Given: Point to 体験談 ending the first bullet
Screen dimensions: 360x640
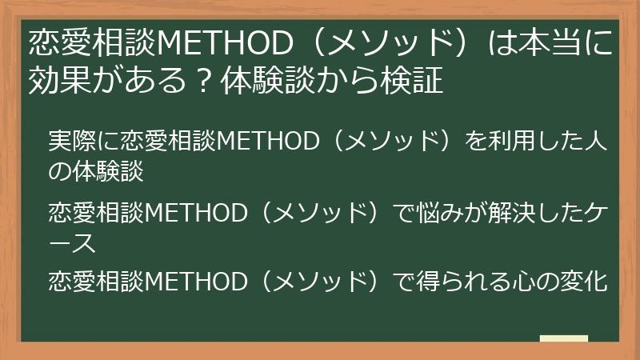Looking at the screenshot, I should (x=109, y=170).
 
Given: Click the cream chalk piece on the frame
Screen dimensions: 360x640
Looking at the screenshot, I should (x=564, y=339).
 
